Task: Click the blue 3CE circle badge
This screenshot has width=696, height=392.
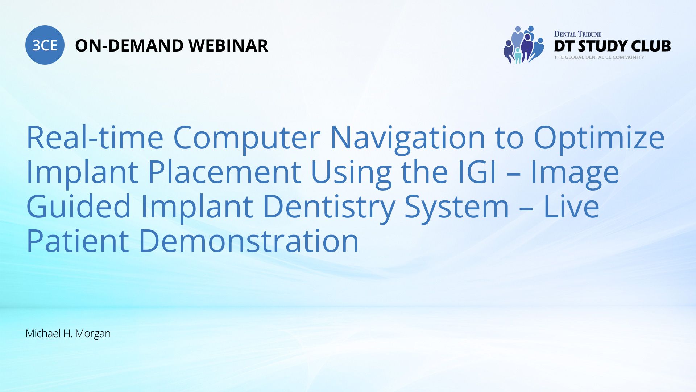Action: [x=45, y=45]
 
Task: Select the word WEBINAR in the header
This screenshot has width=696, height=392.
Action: [x=228, y=46]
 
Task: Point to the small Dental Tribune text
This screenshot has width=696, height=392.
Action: [x=578, y=34]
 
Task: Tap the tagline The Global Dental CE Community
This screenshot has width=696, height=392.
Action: [x=599, y=57]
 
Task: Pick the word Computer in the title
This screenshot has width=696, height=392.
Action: [x=247, y=139]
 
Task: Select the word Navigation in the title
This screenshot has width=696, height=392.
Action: [x=408, y=139]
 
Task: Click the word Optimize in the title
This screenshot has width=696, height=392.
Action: [x=599, y=139]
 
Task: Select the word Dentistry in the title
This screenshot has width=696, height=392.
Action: [x=329, y=208]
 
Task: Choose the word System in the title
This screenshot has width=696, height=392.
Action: [x=457, y=208]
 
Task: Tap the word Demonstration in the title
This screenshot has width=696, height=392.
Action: [x=249, y=241]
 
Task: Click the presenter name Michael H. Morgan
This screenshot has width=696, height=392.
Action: [x=68, y=334]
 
